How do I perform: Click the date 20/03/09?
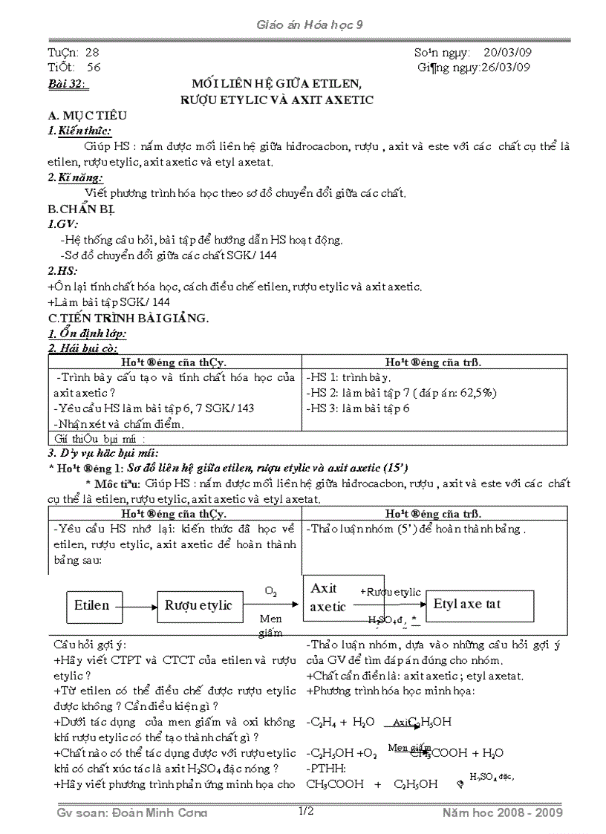pos(507,53)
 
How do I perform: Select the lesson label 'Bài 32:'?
pos(66,84)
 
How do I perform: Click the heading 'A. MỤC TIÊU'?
pos(87,115)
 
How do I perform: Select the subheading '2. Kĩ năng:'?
pos(75,177)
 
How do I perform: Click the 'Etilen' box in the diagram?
pos(92,605)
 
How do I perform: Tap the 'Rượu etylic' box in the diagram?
pos(198,605)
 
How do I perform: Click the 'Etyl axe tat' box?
pos(467,604)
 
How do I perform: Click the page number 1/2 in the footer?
pos(306,812)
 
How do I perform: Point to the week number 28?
pos(92,53)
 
